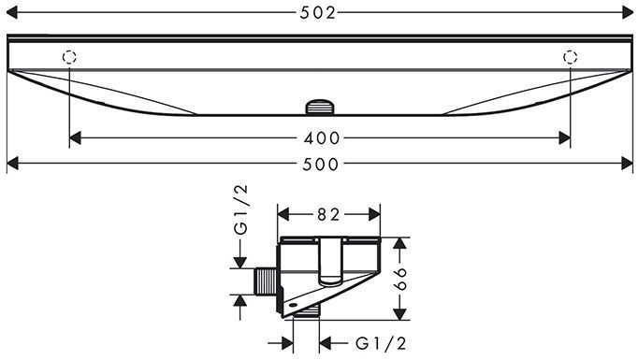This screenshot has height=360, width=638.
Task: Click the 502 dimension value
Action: pyautogui.click(x=318, y=13)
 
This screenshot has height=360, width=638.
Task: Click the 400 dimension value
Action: pyautogui.click(x=322, y=138)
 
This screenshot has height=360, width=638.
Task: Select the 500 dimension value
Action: pyautogui.click(x=321, y=165)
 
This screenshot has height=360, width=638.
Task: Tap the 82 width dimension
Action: pyautogui.click(x=328, y=214)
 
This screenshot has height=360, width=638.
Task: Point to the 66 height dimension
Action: pyautogui.click(x=400, y=279)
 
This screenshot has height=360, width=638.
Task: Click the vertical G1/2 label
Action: pyautogui.click(x=240, y=209)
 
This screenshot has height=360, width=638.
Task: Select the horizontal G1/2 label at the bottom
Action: pyautogui.click(x=381, y=344)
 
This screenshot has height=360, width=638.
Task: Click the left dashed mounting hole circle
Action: pyautogui.click(x=69, y=57)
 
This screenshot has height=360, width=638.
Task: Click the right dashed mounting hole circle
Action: pyautogui.click(x=570, y=57)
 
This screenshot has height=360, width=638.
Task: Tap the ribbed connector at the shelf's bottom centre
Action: pyautogui.click(x=320, y=107)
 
